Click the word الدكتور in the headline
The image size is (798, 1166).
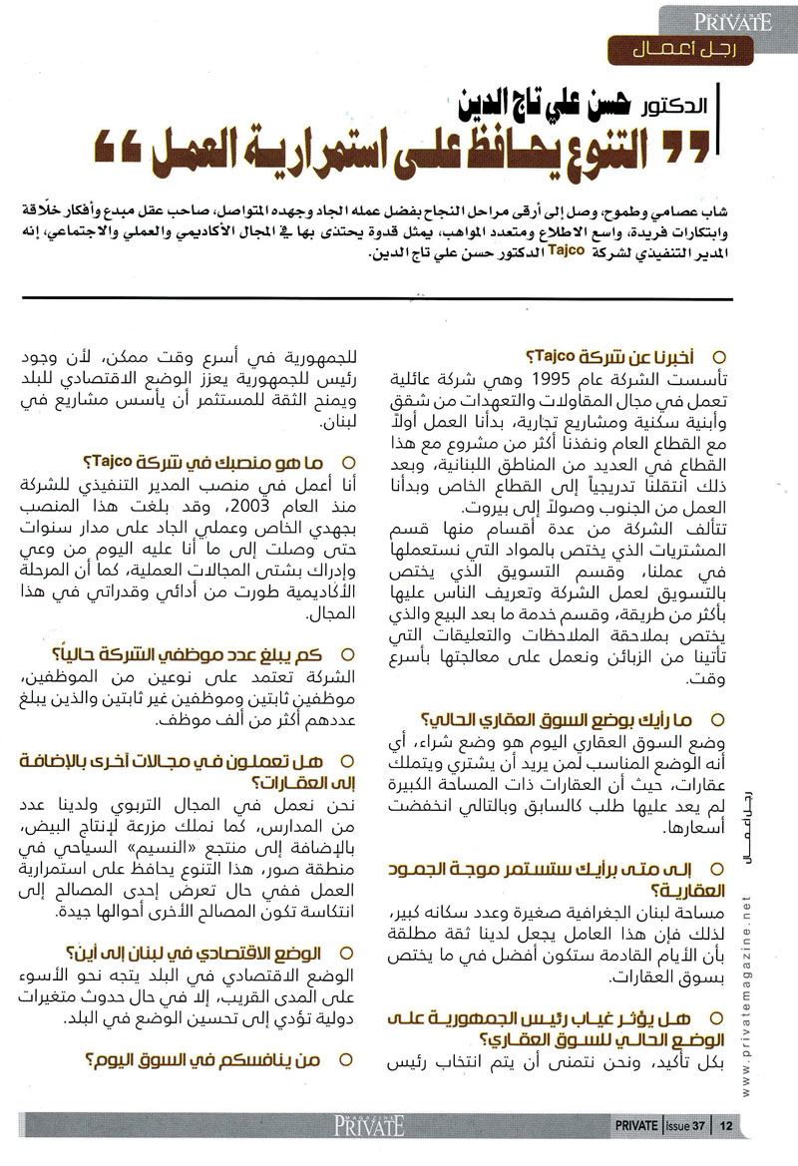click(x=675, y=105)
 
